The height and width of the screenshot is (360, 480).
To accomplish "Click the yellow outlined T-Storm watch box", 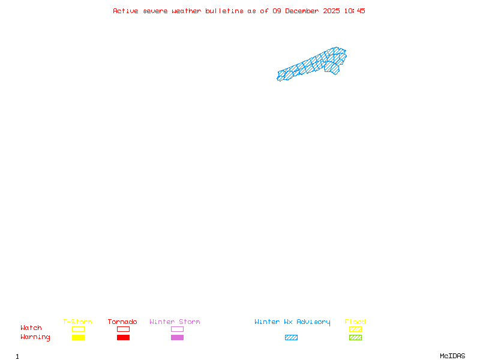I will pos(78,329).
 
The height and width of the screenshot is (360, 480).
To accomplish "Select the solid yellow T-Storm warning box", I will pos(78,337).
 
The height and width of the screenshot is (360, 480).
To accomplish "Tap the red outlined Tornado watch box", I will pos(123,329).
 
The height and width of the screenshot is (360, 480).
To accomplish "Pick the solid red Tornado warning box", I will pos(123,337).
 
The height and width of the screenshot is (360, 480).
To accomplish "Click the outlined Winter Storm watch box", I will pos(177,329).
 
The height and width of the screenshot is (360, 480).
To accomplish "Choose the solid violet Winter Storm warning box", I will pos(177,337).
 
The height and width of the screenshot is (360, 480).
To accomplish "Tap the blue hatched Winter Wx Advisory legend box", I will pos(291,337).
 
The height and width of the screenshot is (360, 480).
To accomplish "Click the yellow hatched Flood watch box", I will pos(355,329).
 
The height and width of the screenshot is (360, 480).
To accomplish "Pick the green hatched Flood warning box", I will pos(355,337).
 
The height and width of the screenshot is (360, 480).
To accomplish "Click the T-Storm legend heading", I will pos(77,322).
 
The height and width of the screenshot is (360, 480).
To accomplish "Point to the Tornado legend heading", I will pos(122,322).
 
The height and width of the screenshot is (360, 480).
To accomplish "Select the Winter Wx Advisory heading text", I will pos(292,322).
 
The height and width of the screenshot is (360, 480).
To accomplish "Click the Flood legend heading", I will pos(355,322).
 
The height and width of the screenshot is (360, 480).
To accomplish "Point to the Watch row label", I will pos(31,328).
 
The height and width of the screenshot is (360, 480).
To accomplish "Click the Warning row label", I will pos(35,337).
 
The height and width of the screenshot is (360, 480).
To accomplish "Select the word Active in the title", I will pos(125,11).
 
